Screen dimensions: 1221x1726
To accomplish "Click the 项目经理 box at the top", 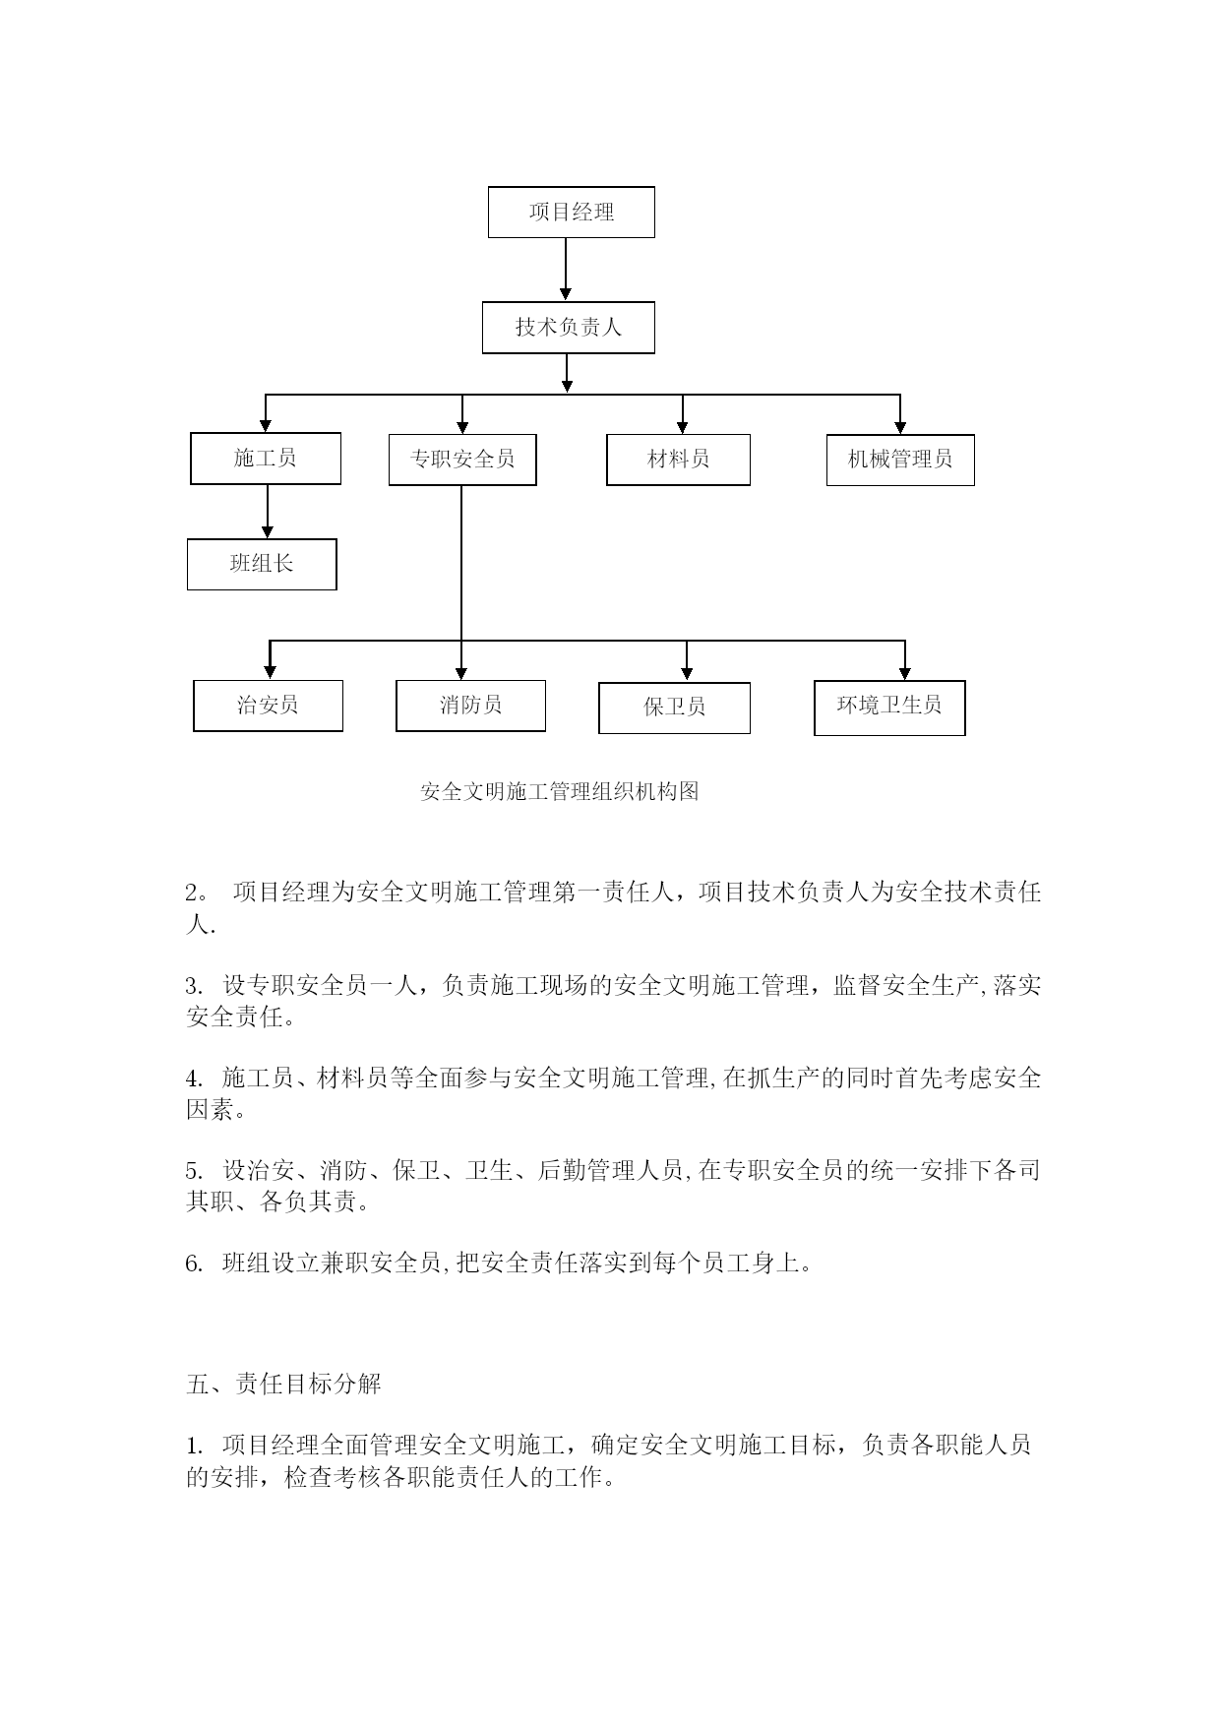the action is coord(571,212).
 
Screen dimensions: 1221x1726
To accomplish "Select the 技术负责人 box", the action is coord(568,328).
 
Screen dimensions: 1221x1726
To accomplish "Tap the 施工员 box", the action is coord(266,459).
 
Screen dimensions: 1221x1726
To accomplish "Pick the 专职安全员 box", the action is coord(462,460).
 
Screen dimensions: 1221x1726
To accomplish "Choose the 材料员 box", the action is coord(678,460).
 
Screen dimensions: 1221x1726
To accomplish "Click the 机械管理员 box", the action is coord(900,460).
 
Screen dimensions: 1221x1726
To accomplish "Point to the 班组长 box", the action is coord(262,564).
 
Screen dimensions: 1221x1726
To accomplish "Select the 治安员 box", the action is coord(268,706).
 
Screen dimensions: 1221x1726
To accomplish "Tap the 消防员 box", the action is coord(470,706).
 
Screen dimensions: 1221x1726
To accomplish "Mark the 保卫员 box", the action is coord(674,708).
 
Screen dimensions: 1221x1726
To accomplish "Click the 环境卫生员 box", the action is coord(889,708).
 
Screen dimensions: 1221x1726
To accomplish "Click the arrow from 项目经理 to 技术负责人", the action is coord(566,269).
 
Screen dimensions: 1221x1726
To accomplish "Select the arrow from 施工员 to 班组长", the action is coord(267,512).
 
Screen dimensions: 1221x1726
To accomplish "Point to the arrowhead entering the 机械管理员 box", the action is coord(900,427).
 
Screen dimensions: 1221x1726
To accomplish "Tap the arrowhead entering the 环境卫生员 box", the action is coord(904,673).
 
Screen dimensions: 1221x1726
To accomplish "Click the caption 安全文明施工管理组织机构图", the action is coord(560,791).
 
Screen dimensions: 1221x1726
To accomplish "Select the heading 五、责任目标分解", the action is coord(283,1384).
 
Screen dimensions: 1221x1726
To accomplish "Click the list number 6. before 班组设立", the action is coord(194,1264).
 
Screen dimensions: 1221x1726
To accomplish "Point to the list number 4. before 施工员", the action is coord(194,1079).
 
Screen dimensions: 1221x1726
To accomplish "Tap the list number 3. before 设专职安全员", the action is coord(194,986).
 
